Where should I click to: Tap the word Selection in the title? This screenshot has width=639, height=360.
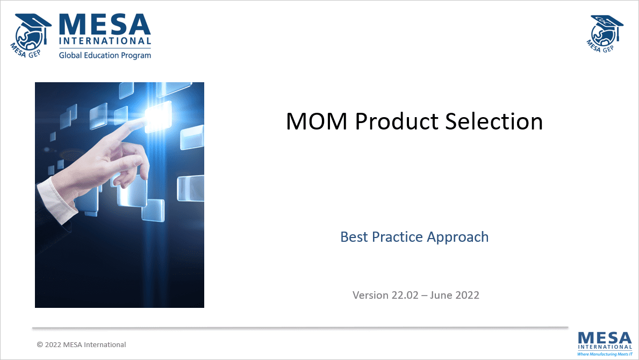click(494, 121)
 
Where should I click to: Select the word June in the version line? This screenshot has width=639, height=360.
click(446, 295)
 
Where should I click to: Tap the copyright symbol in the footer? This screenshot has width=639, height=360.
click(40, 345)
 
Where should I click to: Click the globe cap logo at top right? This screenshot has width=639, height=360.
click(605, 33)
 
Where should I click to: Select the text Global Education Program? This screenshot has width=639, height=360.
click(105, 55)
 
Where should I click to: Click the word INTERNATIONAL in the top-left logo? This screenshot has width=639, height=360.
click(105, 41)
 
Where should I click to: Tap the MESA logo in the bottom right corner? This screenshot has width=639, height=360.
click(605, 340)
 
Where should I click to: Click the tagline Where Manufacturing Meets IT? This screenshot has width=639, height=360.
click(605, 355)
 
